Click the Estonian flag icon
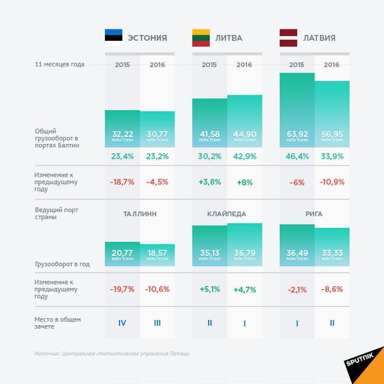click(x=114, y=38)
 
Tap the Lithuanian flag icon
click(x=202, y=38)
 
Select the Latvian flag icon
click(x=289, y=38)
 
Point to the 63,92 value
click(x=297, y=134)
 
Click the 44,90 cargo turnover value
click(x=245, y=134)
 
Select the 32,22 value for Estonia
click(x=122, y=134)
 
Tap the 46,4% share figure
click(x=297, y=156)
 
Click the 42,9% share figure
click(x=245, y=156)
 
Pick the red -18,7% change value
click(x=122, y=182)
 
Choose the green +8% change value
click(x=245, y=182)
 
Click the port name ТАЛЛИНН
click(x=140, y=213)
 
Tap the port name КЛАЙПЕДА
click(x=227, y=213)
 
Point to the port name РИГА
click(x=314, y=213)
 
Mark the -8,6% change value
click(x=332, y=290)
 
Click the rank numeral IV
click(x=122, y=323)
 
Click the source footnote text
click(x=112, y=354)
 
